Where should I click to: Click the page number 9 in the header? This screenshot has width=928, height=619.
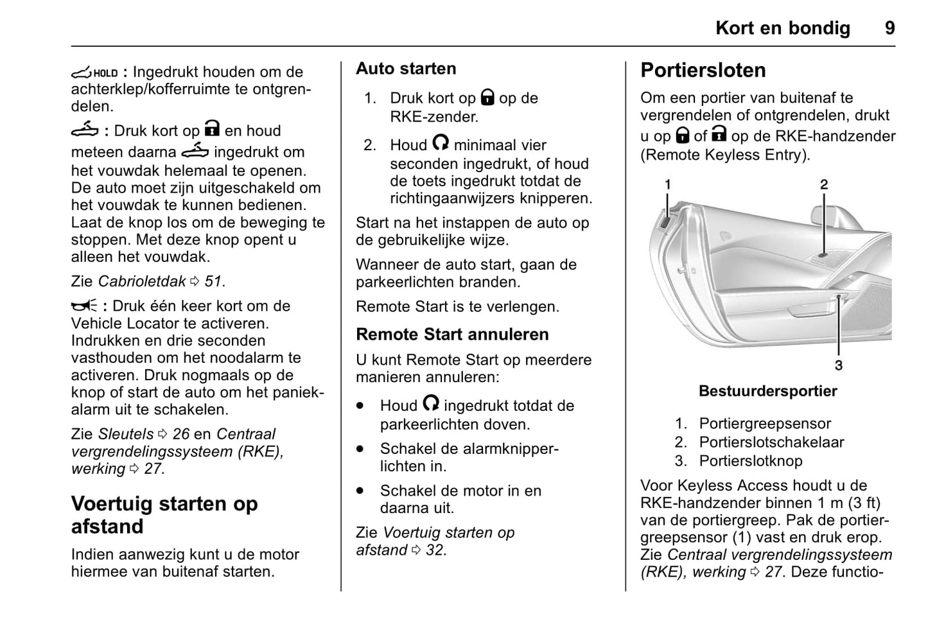889,28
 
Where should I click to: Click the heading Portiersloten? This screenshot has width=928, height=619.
703,70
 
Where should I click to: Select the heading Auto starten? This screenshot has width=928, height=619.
406,69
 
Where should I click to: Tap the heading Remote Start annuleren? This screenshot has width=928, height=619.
452,335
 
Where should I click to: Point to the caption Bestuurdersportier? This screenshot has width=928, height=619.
767,391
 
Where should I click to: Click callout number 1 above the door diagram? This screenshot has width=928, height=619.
667,185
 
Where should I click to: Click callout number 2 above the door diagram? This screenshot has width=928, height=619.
824,185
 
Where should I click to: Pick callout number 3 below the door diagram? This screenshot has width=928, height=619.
838,365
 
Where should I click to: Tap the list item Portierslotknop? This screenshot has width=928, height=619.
750,461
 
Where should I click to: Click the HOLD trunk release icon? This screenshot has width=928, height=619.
94,73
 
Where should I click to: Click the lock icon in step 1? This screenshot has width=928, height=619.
488,98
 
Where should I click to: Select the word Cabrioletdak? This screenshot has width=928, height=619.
141,281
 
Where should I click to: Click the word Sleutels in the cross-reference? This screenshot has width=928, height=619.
125,434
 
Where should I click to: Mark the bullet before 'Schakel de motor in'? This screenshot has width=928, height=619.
360,491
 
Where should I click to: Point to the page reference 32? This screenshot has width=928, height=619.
435,550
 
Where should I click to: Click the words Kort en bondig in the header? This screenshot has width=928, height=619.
782,28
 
